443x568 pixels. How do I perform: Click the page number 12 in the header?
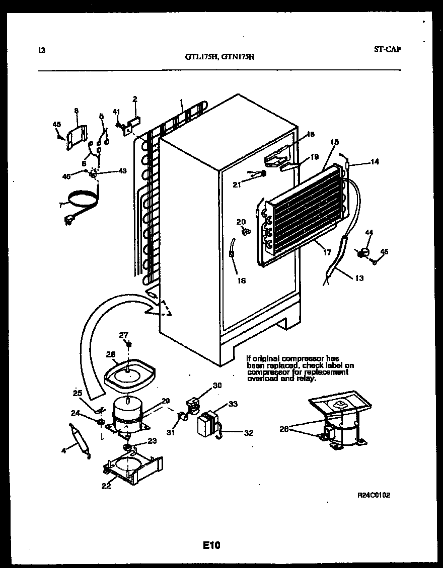(x=41, y=50)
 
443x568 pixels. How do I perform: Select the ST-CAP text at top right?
(x=388, y=49)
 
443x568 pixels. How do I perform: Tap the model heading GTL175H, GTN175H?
(x=219, y=57)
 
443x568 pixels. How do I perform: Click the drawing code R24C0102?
(x=374, y=495)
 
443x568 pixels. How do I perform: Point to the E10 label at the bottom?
(x=212, y=545)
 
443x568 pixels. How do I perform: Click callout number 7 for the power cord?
(x=60, y=206)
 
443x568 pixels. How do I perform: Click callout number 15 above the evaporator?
(x=334, y=143)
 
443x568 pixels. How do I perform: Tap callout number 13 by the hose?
(x=359, y=278)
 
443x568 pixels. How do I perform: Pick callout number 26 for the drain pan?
(x=110, y=354)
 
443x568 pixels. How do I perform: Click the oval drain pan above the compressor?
(x=129, y=374)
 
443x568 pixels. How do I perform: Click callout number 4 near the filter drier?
(x=64, y=450)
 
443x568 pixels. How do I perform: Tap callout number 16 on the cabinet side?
(x=241, y=280)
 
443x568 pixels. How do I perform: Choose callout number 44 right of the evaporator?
(x=369, y=233)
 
